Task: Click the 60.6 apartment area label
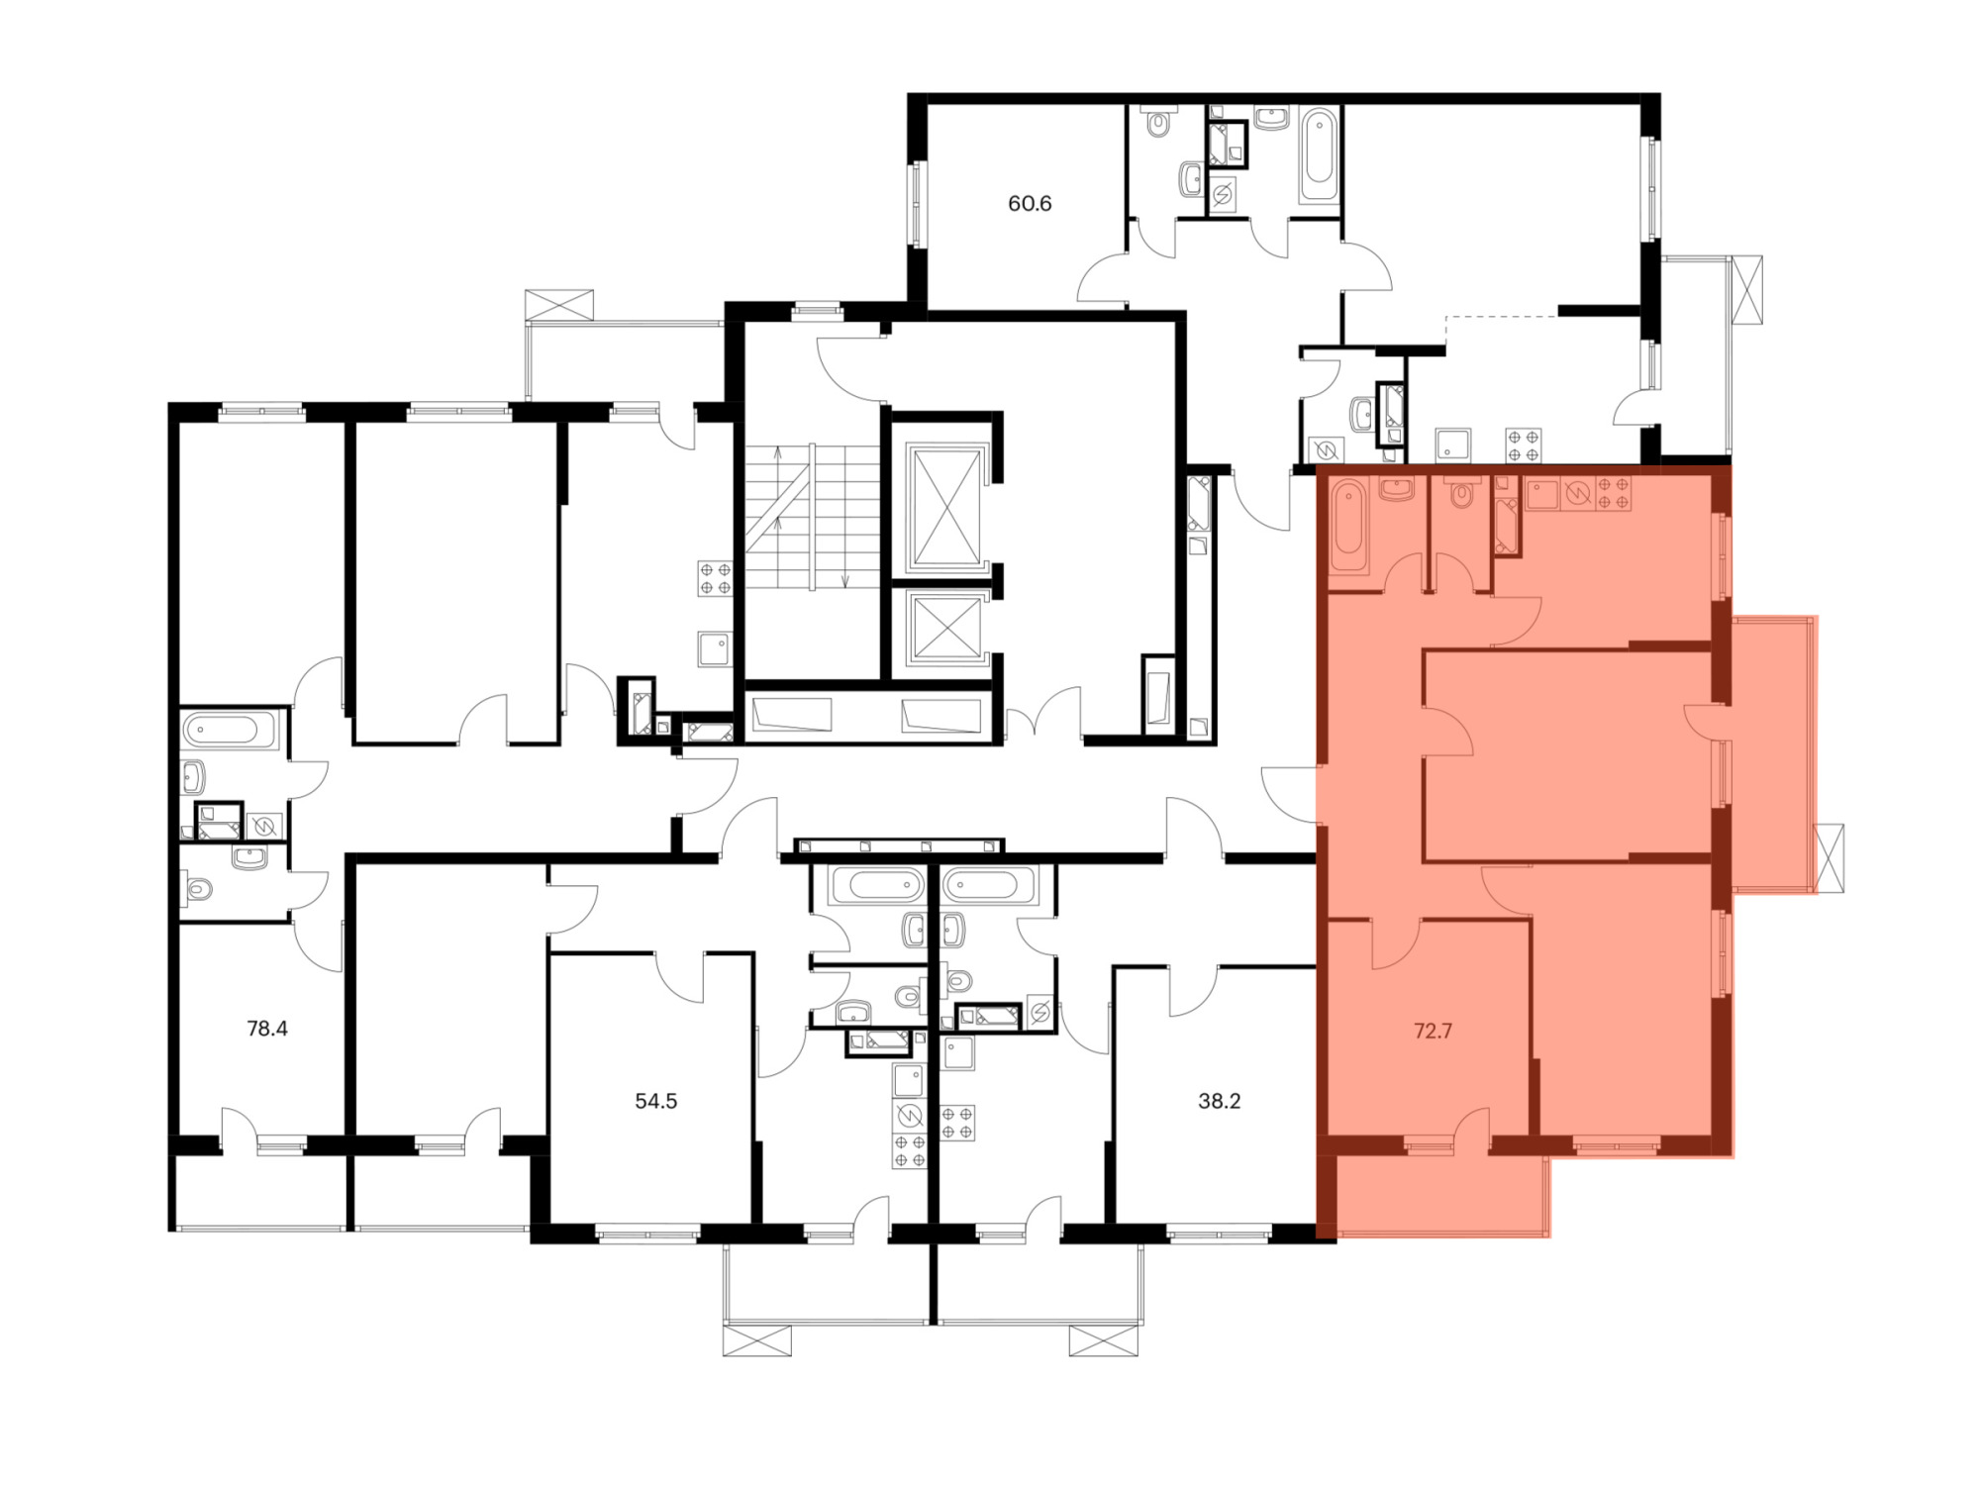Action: tap(1030, 204)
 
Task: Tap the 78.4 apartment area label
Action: tap(267, 1029)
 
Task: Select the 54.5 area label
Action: tap(656, 1101)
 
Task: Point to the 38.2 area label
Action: tap(1220, 1101)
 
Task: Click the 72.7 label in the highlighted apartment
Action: tap(1433, 1031)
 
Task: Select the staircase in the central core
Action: tap(813, 518)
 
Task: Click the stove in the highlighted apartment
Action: tap(1613, 493)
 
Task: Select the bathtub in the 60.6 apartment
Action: tap(1319, 155)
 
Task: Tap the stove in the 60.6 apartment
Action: tap(1524, 445)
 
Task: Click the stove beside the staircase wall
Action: tap(715, 578)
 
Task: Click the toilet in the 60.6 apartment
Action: tap(1157, 122)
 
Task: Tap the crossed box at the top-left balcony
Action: tap(559, 304)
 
